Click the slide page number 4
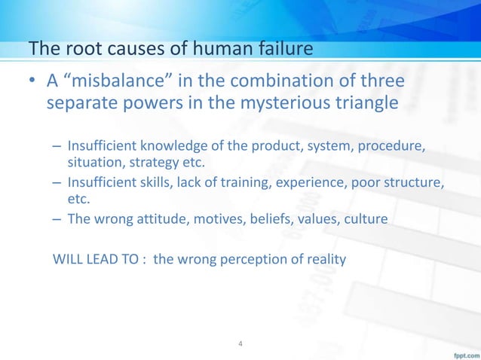click(x=240, y=345)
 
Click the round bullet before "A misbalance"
click(x=35, y=81)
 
